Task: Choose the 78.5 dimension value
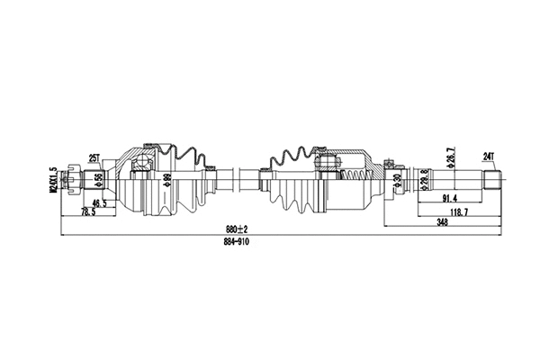pyautogui.click(x=87, y=212)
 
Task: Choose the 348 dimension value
pyautogui.click(x=441, y=222)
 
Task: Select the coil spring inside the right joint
pyautogui.click(x=357, y=175)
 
